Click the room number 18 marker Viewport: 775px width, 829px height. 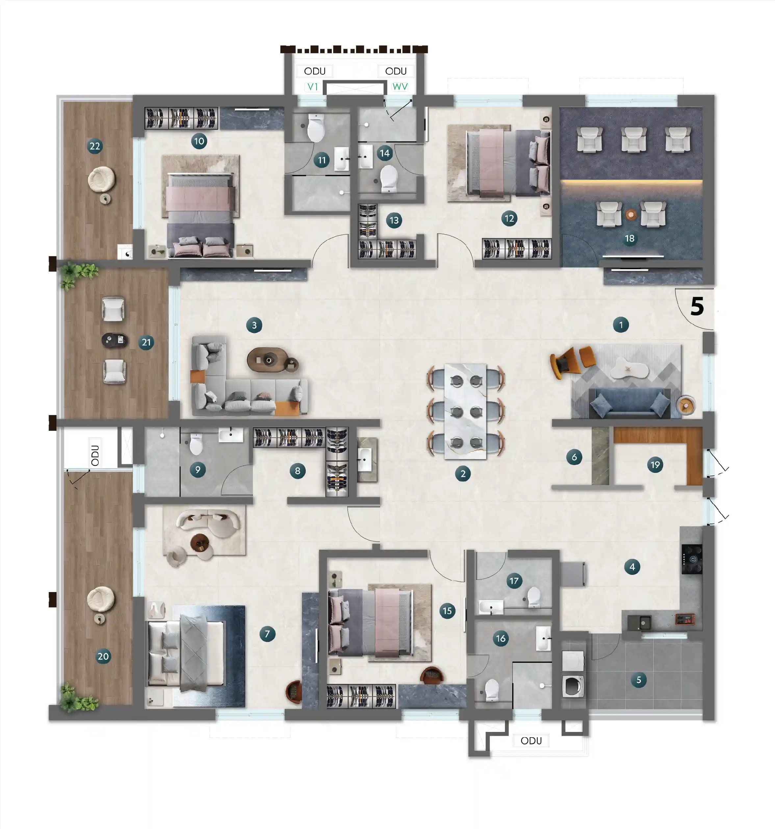(630, 239)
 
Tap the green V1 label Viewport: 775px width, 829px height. (313, 87)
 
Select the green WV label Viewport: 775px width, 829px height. (400, 87)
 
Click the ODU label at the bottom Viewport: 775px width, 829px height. (531, 740)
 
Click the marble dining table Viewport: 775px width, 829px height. (465, 411)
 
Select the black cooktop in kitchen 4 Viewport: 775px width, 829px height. (692, 559)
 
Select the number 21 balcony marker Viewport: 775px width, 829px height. (146, 342)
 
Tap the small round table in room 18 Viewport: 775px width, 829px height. (631, 215)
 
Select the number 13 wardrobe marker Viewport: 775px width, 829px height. (394, 220)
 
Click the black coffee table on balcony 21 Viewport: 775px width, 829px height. (115, 340)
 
